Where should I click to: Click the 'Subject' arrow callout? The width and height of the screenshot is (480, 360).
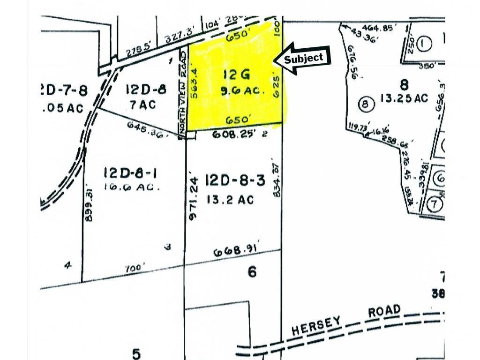(303, 58)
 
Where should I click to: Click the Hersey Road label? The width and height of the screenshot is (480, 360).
(346, 320)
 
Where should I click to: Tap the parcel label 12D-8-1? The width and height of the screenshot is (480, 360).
(130, 174)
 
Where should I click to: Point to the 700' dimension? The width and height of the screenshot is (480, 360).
(135, 269)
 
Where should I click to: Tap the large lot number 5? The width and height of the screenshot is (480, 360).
(136, 352)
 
